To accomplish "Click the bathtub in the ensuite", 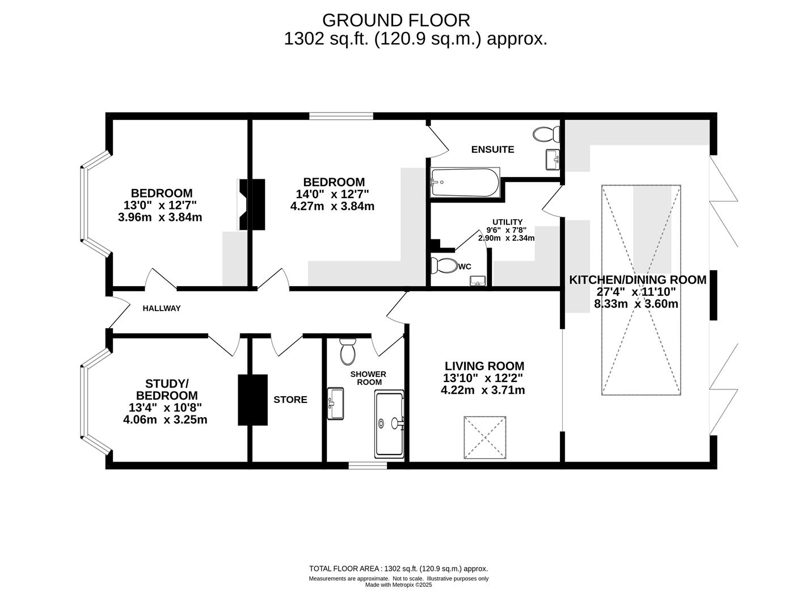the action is (465, 182).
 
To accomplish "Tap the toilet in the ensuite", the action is (546, 135).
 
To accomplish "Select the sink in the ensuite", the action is (553, 159).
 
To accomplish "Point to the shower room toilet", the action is (348, 351).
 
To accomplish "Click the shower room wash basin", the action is (335, 404).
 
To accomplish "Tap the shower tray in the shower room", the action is (389, 424).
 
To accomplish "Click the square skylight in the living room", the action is (485, 437).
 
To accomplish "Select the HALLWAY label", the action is (162, 309).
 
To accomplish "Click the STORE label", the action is (290, 400).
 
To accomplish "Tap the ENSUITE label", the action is (492, 149).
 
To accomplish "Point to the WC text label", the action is (465, 267).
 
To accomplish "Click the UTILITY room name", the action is (507, 222).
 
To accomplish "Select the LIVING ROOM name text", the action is (484, 366).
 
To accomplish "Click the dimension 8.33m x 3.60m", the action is (636, 304).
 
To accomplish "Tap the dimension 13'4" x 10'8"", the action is (166, 408).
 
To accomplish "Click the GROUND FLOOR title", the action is (396, 20).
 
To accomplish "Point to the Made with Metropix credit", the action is (398, 585).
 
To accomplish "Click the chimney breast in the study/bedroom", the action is (252, 400).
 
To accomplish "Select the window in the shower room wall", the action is (368, 465).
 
